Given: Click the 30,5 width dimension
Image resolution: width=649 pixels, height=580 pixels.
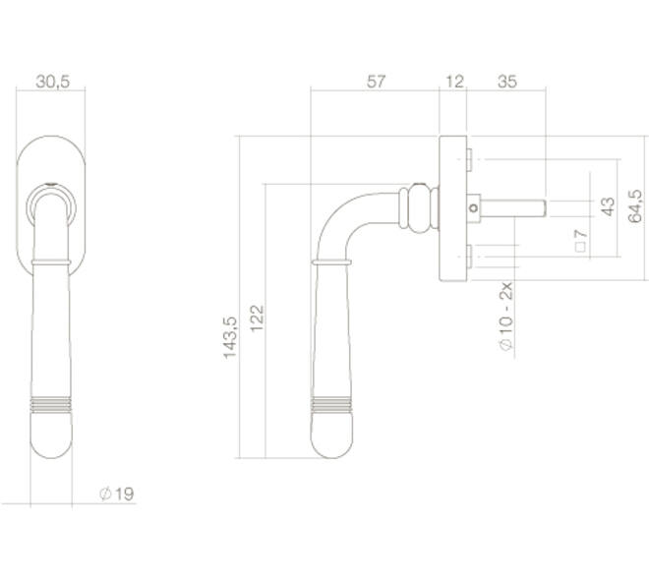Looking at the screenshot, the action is (52, 82).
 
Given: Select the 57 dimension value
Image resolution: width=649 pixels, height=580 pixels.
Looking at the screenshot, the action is (376, 82).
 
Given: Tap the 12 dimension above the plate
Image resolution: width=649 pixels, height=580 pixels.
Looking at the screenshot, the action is (455, 82).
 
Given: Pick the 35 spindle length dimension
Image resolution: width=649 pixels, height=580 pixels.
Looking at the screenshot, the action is (507, 82).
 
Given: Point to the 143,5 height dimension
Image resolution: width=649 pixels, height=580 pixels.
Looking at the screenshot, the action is (230, 337).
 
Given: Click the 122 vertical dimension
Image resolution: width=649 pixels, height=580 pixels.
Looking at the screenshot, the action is (257, 319).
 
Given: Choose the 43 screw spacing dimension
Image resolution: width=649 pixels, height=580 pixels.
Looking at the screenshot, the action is (608, 206).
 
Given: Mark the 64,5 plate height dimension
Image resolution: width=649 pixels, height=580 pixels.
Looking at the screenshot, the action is (635, 206).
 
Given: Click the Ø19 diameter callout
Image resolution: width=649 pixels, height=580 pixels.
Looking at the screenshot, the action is (117, 493).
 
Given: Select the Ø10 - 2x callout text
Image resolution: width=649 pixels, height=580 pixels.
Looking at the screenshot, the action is (506, 317).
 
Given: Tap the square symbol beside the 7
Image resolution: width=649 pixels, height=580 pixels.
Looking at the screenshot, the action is (581, 247).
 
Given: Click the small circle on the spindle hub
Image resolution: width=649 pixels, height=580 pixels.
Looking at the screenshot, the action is (474, 208).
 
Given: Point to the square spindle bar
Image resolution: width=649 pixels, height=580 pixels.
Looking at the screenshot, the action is (513, 208).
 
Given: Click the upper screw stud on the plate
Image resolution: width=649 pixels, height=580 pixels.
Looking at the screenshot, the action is (469, 159).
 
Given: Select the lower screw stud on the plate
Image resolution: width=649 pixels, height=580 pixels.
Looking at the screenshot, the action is (469, 256).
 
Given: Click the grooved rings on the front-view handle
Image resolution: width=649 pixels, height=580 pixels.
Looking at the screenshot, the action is (51, 405).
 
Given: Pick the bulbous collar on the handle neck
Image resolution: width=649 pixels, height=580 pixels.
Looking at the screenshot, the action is (419, 208).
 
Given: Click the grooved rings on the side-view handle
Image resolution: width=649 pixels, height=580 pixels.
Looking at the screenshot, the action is (332, 405).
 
